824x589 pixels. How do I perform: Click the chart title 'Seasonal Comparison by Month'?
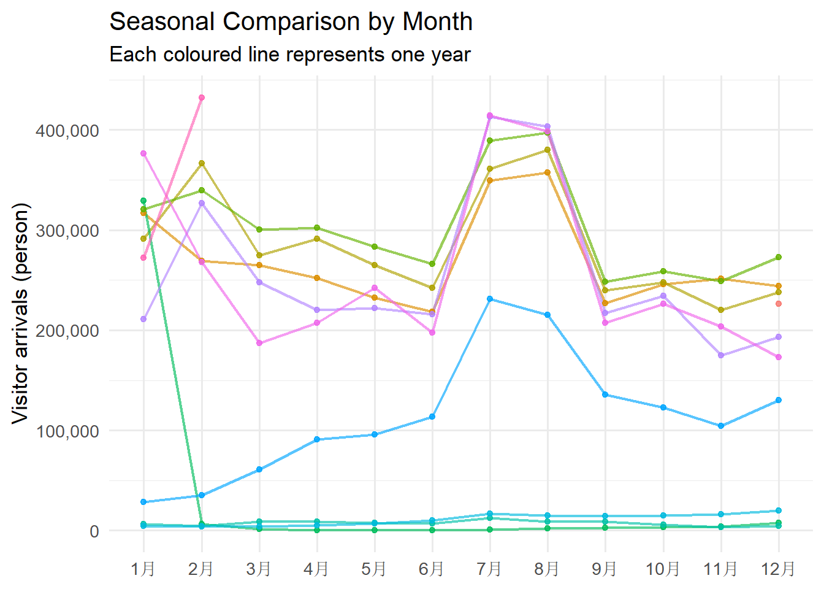point(291,22)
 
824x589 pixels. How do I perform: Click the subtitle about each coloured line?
point(289,55)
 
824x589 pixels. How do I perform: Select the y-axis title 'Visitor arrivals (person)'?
point(20,313)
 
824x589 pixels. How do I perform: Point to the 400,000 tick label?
point(67,131)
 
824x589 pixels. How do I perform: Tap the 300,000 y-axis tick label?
point(67,231)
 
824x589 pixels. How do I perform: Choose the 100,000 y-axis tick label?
point(67,431)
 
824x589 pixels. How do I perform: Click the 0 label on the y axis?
point(94,531)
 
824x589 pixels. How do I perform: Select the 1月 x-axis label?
point(143,569)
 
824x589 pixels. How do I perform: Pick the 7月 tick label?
point(489,569)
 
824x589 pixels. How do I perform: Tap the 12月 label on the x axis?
point(778,569)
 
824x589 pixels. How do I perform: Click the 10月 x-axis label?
point(663,569)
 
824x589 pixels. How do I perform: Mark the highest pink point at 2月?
point(201,98)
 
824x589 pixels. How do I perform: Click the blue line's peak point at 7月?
point(490,299)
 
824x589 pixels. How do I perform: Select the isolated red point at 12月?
point(779,304)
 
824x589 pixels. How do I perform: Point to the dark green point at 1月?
point(143,201)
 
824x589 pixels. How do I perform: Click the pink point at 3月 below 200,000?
point(259,343)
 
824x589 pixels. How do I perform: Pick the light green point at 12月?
point(779,257)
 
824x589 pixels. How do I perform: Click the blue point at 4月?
point(317,439)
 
